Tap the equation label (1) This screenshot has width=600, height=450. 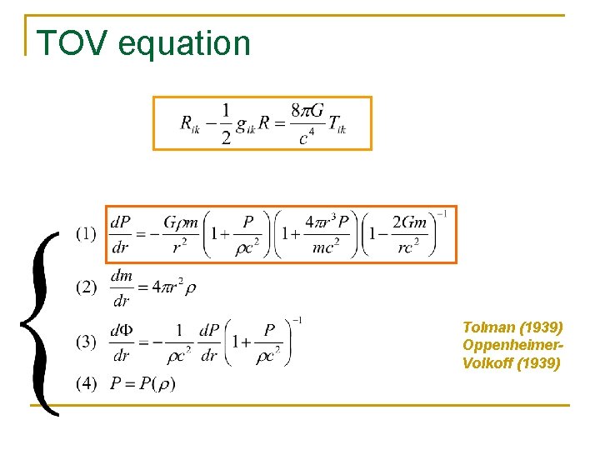86,234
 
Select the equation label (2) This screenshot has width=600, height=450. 86,288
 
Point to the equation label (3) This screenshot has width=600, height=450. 86,342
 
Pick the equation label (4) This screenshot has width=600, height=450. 86,384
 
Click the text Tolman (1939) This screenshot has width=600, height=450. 512,326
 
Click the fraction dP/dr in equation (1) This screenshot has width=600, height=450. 121,234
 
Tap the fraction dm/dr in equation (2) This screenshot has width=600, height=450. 121,288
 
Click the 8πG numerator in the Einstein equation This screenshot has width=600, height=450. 307,111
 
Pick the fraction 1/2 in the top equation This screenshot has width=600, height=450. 226,123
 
